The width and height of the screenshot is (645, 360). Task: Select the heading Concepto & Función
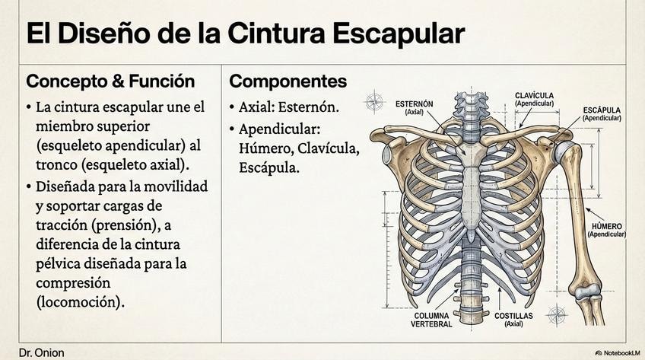[110, 81]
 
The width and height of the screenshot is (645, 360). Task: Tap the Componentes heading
[288, 81]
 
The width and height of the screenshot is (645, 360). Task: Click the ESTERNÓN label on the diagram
[415, 106]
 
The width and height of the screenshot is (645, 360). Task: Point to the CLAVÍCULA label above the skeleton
[534, 98]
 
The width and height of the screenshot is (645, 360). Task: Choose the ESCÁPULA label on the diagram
[602, 113]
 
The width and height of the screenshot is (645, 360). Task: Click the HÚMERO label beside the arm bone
[606, 230]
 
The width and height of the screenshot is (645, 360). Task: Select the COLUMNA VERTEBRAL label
[433, 319]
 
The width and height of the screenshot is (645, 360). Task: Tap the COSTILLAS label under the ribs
[513, 319]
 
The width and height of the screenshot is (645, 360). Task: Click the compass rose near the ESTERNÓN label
[375, 100]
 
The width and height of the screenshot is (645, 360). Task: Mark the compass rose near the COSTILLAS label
[557, 314]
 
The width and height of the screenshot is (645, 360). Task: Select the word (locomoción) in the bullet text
[80, 301]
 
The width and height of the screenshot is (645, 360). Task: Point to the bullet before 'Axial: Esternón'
[233, 107]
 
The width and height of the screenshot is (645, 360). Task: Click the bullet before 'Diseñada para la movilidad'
[30, 186]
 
